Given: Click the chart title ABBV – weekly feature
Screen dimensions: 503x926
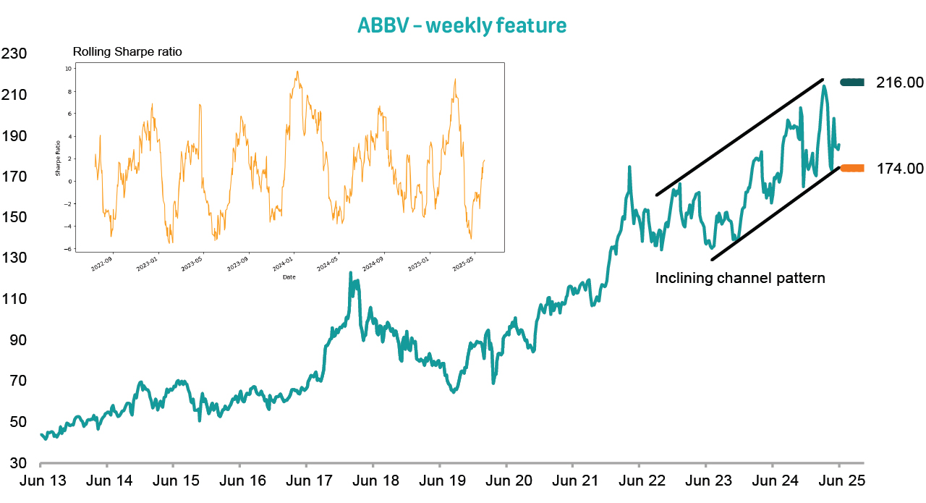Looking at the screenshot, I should tap(462, 25).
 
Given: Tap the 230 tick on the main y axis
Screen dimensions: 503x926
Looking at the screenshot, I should tap(14, 54).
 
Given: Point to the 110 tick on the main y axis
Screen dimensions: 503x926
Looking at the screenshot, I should tap(14, 299).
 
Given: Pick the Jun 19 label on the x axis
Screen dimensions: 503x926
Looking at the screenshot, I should tap(441, 481).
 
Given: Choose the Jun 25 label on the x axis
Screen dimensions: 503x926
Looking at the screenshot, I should tap(841, 481).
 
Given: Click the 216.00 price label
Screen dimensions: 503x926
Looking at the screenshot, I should tap(899, 83).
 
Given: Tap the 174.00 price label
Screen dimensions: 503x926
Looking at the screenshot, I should tap(899, 169).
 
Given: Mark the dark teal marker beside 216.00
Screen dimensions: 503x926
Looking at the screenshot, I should tap(852, 83).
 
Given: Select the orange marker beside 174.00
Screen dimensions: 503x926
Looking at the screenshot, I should tap(852, 169).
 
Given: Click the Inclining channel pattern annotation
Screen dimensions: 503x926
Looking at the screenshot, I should tap(740, 278).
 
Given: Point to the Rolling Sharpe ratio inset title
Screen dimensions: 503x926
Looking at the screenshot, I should tap(127, 52).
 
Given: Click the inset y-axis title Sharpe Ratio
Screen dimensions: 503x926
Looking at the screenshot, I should tap(58, 158).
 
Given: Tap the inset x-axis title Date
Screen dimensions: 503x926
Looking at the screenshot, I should tap(289, 276).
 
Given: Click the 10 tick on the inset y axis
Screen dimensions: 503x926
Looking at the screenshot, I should tap(68, 69).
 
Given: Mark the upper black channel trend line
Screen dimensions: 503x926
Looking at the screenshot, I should tap(739, 137).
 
